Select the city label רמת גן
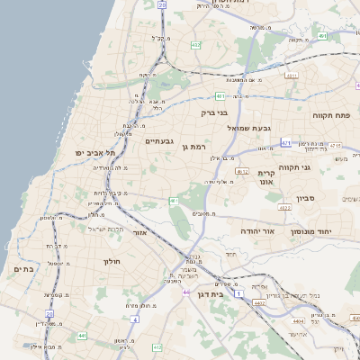pos(193,147)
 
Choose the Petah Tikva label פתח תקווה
pos(335,116)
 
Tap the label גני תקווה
pos(319,166)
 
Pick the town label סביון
pos(305,198)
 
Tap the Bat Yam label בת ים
pos(23,268)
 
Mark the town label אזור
pos(139,232)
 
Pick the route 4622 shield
pos(284,208)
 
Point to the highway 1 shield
pos(238,294)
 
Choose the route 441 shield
pos(82,336)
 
